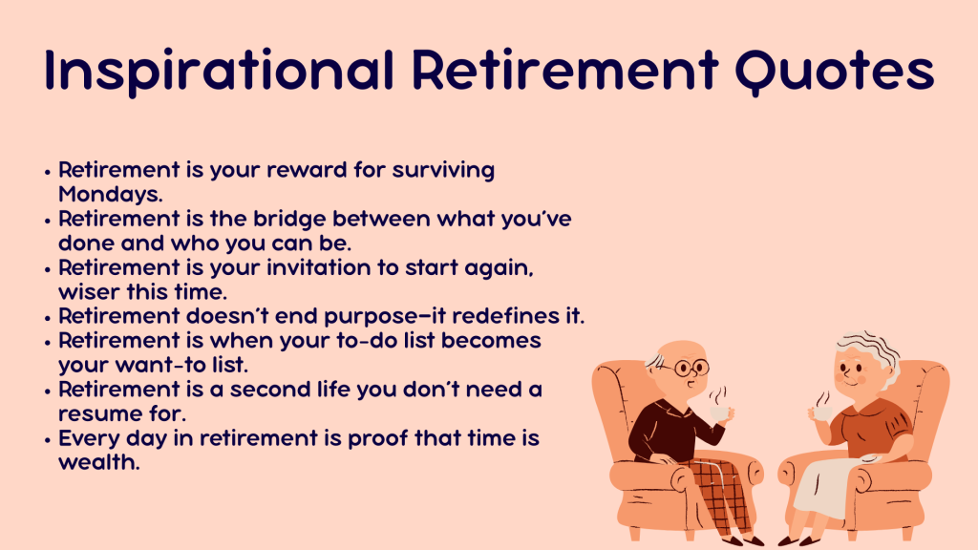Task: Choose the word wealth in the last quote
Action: coord(98,462)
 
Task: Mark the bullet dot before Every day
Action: coord(48,440)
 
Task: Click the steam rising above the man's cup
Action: coord(718,395)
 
